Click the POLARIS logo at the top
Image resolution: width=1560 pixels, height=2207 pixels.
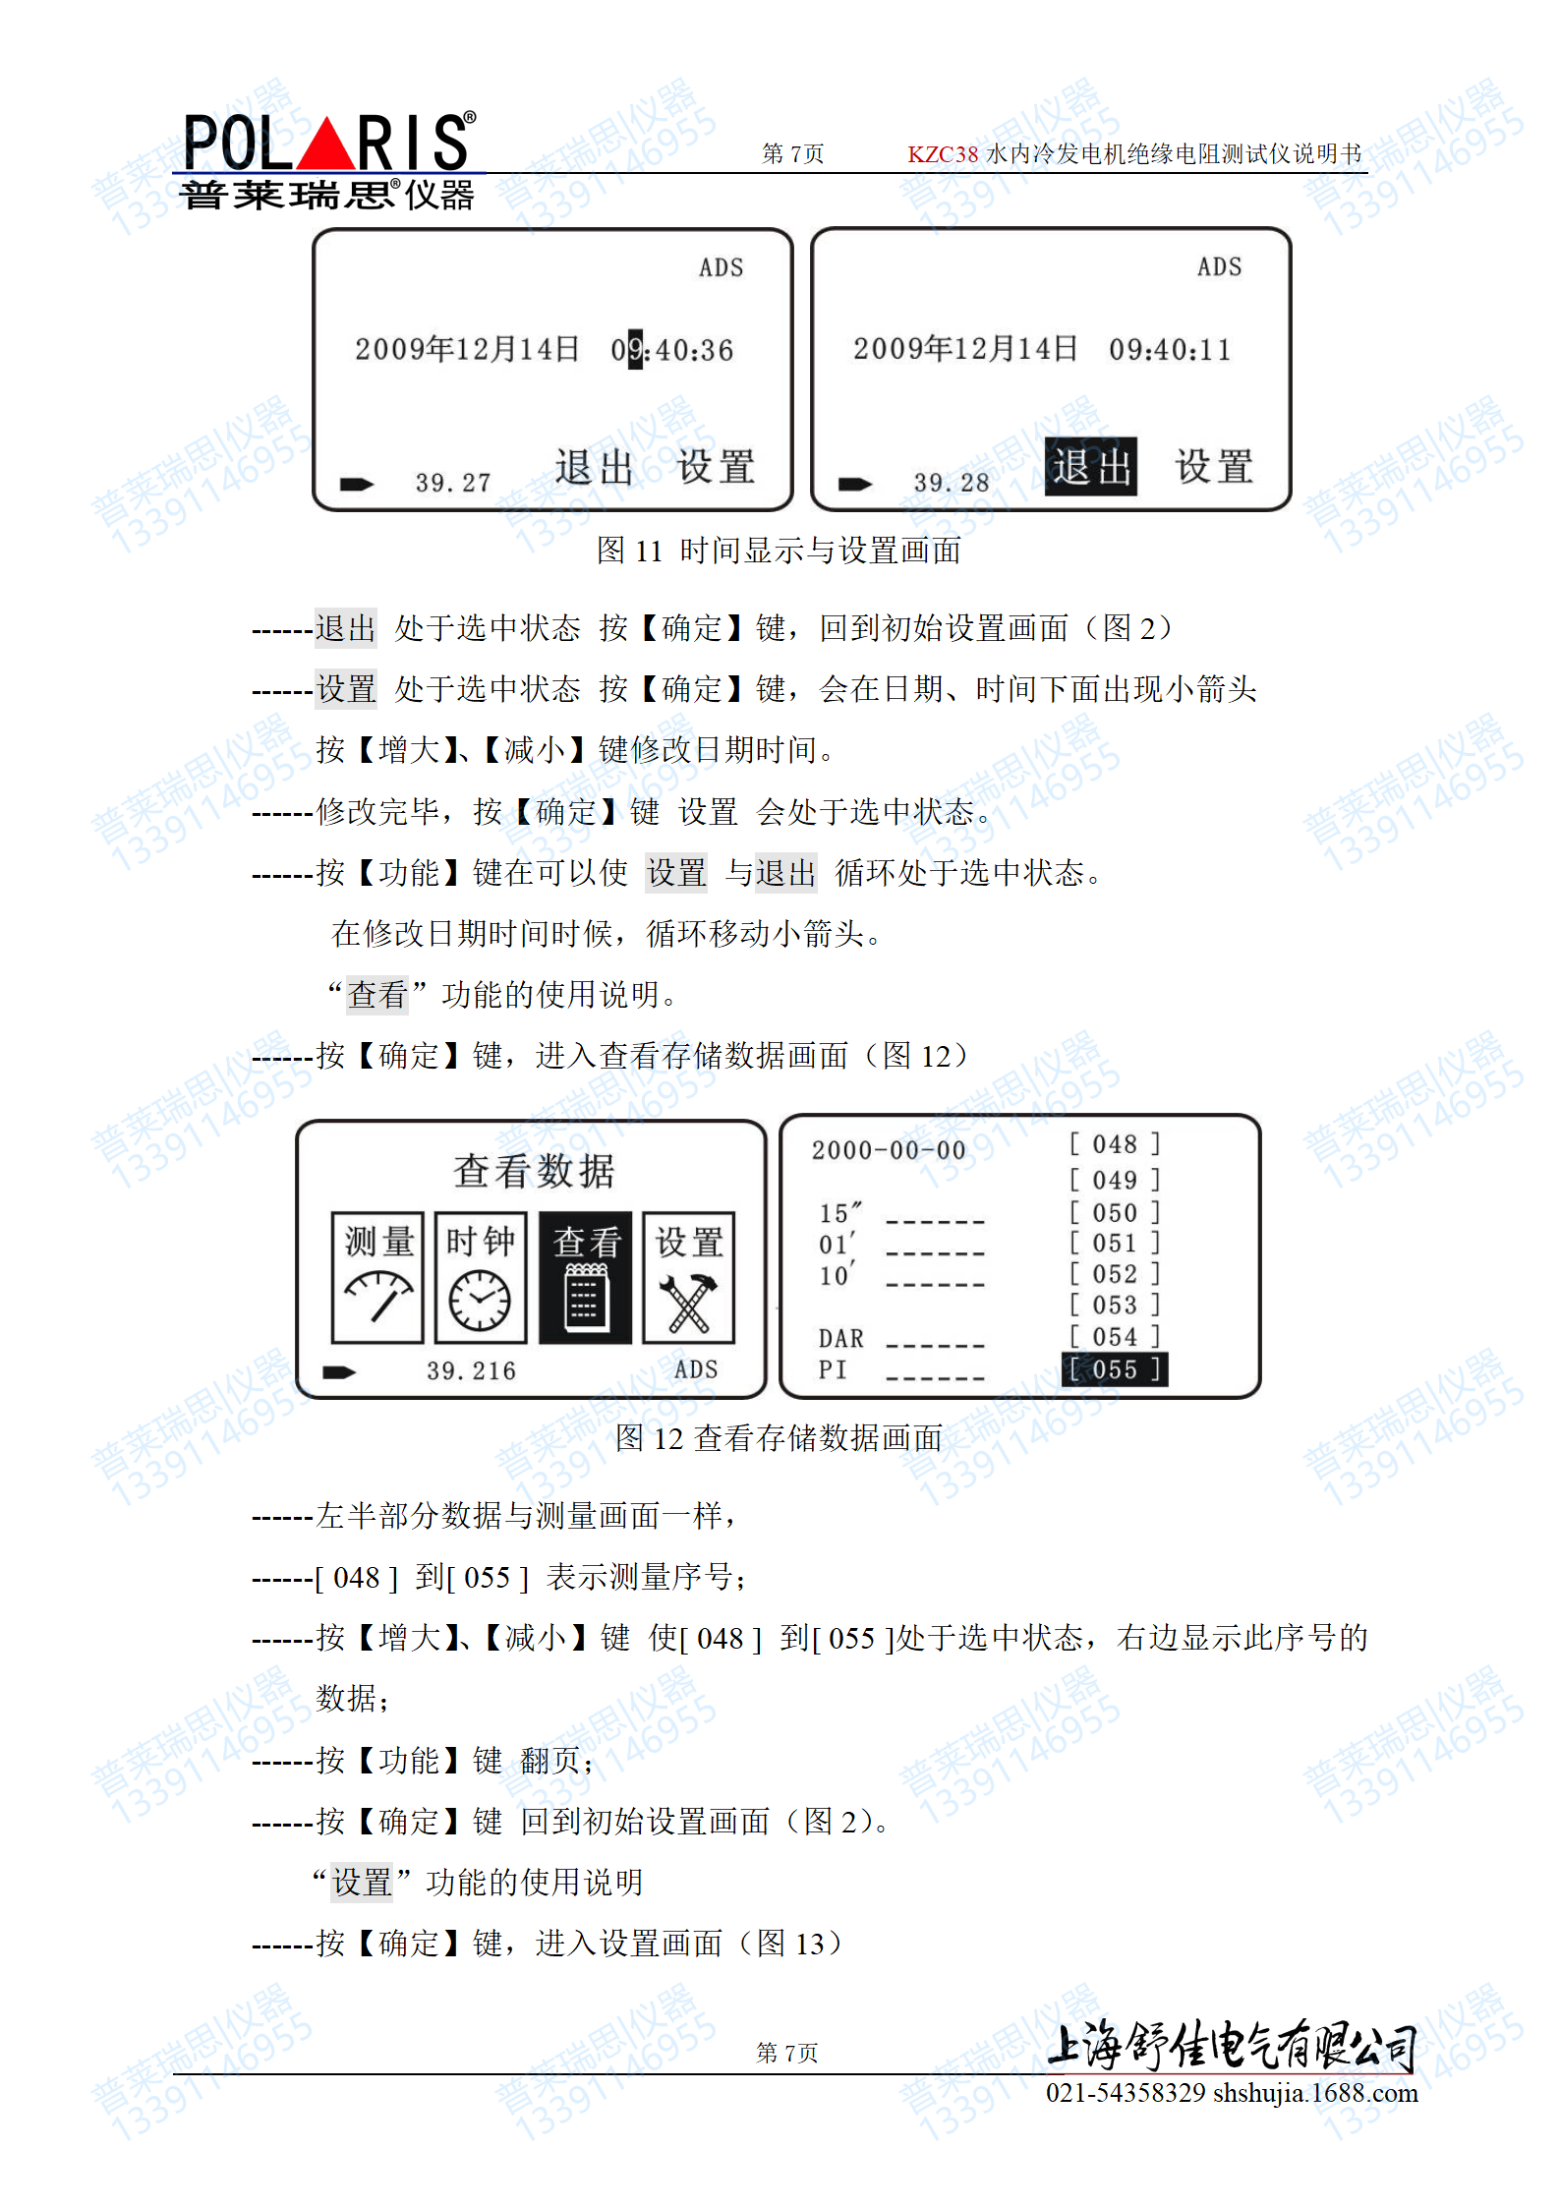pyautogui.click(x=329, y=143)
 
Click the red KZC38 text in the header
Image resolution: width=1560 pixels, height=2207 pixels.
pyautogui.click(x=943, y=154)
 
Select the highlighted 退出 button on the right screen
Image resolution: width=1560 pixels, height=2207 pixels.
pyautogui.click(x=1090, y=467)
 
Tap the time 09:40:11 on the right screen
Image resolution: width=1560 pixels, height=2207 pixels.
pyautogui.click(x=1170, y=350)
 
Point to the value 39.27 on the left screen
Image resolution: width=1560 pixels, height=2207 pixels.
pyautogui.click(x=452, y=483)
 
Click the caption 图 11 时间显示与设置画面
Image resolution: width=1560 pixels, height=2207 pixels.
pyautogui.click(x=779, y=551)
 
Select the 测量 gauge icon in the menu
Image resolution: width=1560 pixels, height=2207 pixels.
pyautogui.click(x=378, y=1277)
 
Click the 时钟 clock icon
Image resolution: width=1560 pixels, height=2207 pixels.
pyautogui.click(x=481, y=1277)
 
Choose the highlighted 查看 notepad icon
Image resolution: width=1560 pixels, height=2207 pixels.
pyautogui.click(x=585, y=1277)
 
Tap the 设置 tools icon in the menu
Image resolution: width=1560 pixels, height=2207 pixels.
pyautogui.click(x=689, y=1277)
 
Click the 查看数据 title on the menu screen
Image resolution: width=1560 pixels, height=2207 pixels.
pyautogui.click(x=534, y=1171)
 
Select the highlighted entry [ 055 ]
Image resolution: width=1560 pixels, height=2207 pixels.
pyautogui.click(x=1115, y=1369)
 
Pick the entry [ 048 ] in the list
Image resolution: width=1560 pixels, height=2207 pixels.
pyautogui.click(x=1115, y=1144)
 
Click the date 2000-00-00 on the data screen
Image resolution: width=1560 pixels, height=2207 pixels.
pyautogui.click(x=889, y=1150)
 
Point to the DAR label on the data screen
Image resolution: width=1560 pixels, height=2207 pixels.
pyautogui.click(x=841, y=1339)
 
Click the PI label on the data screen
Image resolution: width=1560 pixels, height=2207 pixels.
pyautogui.click(x=833, y=1369)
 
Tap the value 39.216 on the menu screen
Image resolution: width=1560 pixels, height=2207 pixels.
pyautogui.click(x=471, y=1371)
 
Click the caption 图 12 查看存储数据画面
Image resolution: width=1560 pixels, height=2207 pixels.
pyautogui.click(x=779, y=1438)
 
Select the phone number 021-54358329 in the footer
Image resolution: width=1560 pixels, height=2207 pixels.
pyautogui.click(x=1126, y=2092)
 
